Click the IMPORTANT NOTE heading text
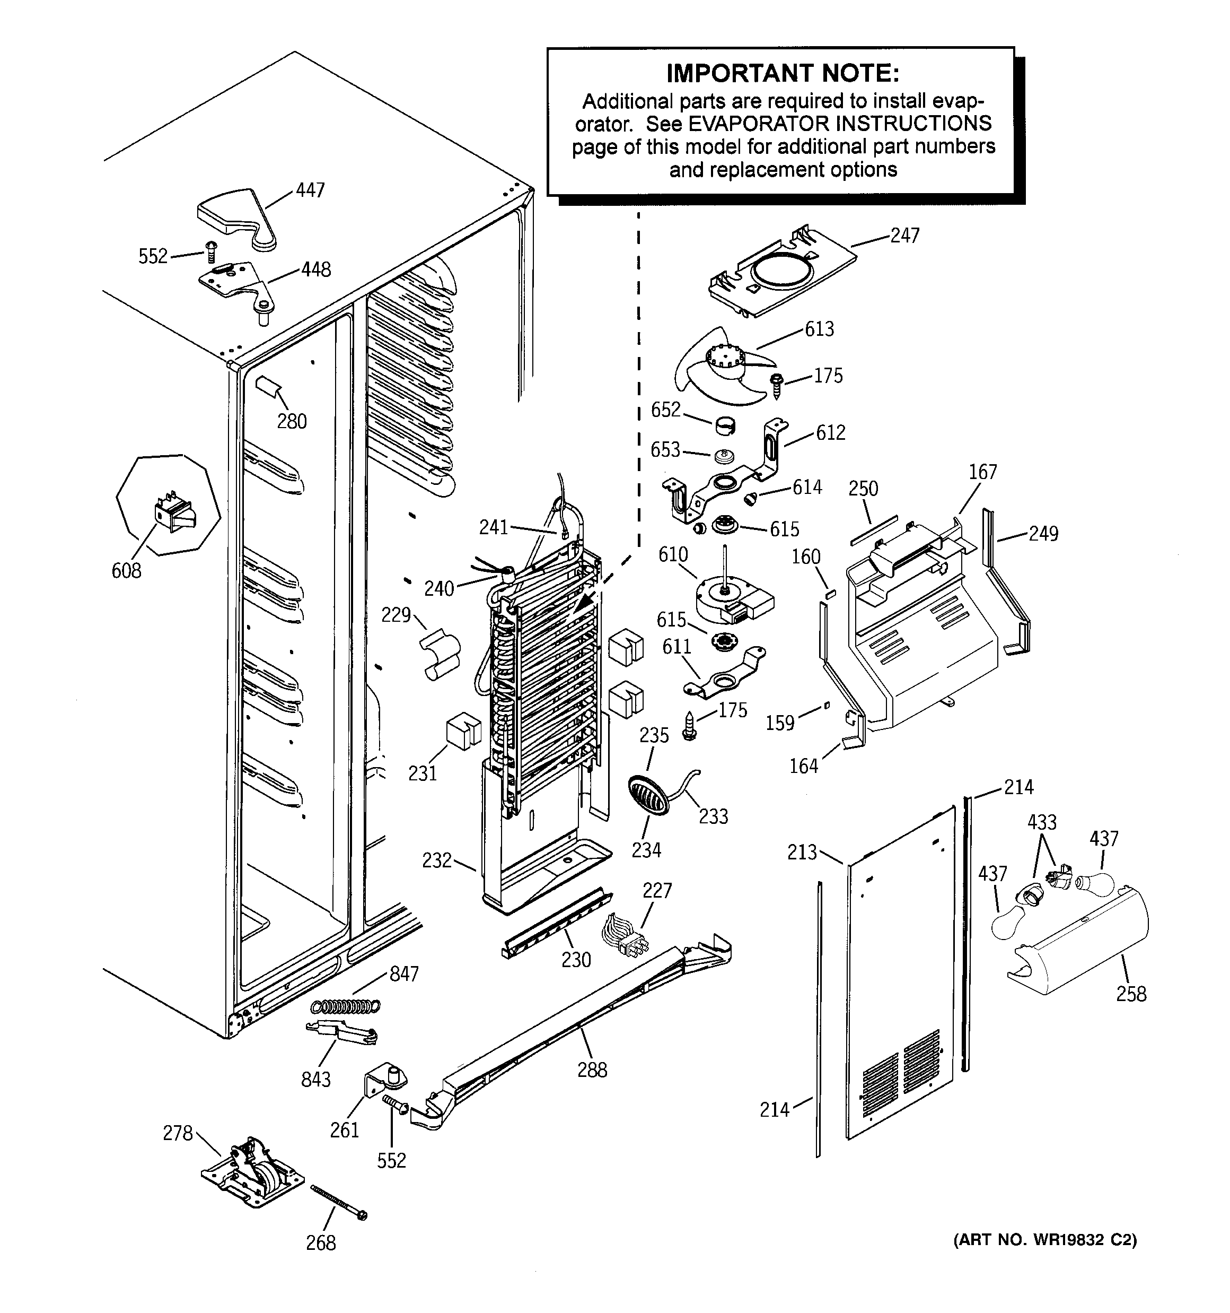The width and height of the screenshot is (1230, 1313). (x=783, y=73)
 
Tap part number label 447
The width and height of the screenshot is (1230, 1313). (x=310, y=190)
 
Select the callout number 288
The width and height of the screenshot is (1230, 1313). (x=592, y=1069)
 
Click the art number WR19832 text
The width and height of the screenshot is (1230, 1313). (x=1044, y=1240)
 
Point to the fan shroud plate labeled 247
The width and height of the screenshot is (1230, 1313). (x=783, y=271)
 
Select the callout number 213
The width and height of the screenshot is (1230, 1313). (x=802, y=852)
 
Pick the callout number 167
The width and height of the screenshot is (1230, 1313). (x=982, y=472)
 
